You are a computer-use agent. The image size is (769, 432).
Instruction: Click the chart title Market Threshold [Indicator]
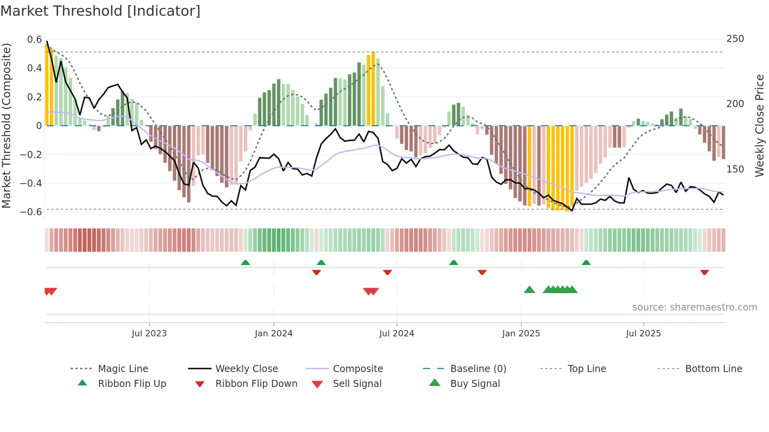tap(100, 11)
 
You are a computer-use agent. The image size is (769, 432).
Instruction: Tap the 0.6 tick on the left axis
tap(35, 40)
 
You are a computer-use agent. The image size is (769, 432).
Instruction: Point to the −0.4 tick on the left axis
tap(31, 183)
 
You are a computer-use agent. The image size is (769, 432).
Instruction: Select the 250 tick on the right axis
tap(735, 39)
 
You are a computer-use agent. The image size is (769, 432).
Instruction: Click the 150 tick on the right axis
tap(735, 169)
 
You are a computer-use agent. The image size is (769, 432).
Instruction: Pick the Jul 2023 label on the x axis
tap(149, 334)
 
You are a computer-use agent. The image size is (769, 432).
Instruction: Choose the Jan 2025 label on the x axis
tap(521, 334)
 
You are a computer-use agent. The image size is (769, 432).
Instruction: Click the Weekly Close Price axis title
tap(760, 125)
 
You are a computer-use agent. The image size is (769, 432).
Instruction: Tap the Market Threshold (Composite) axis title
tap(6, 125)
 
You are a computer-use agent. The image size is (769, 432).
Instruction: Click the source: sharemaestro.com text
tap(694, 307)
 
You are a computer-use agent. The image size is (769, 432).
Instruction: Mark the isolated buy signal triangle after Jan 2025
tap(529, 290)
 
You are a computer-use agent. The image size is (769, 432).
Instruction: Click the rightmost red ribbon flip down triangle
tap(704, 272)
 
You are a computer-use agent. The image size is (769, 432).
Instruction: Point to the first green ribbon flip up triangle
tap(246, 263)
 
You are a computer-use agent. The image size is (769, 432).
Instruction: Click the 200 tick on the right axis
tap(735, 104)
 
